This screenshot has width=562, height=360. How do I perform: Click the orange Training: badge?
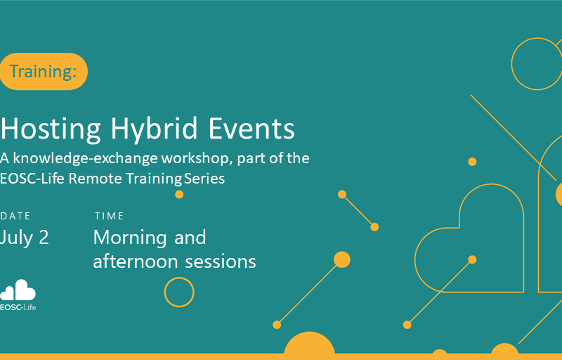click(44, 71)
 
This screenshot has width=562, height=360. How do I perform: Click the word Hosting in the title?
click(51, 129)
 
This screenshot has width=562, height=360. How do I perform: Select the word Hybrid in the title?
click(154, 129)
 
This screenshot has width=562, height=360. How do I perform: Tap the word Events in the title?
click(251, 129)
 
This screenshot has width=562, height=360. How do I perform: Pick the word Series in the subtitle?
click(204, 178)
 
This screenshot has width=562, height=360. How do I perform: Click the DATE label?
click(15, 216)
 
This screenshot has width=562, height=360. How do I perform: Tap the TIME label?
click(110, 216)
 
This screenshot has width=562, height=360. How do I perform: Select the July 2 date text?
click(24, 238)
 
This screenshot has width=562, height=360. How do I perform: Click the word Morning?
click(130, 238)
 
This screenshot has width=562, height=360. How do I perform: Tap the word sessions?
click(221, 262)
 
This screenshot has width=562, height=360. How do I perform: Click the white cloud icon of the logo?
click(18, 290)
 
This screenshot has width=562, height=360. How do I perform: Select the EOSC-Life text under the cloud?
click(18, 307)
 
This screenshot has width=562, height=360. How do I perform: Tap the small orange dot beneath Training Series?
click(179, 194)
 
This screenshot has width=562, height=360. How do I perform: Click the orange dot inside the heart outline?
click(472, 259)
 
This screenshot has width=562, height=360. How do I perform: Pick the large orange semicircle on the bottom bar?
click(309, 344)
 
